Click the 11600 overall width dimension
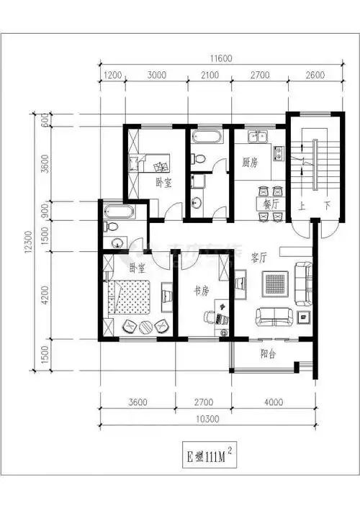(x=207, y=60)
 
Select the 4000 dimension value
(x=272, y=401)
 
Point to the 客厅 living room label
(x=259, y=257)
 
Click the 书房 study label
(x=202, y=292)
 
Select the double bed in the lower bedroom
(x=130, y=297)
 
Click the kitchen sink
(x=257, y=136)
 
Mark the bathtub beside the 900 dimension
(x=119, y=212)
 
